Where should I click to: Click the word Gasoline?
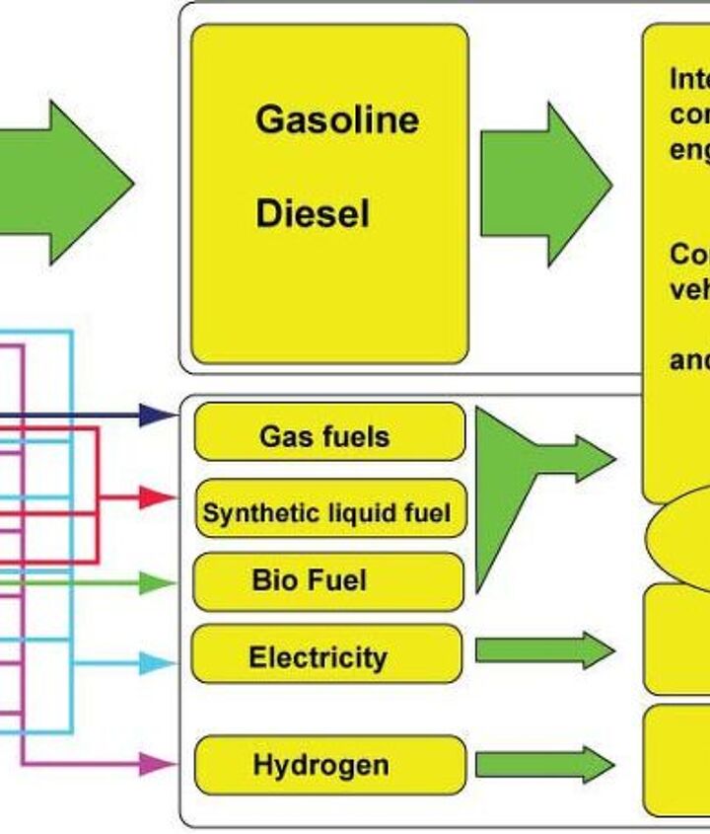point(336,119)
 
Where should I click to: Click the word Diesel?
point(313,213)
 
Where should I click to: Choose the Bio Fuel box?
point(327,580)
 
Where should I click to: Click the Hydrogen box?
point(328,765)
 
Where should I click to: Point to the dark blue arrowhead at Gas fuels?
point(156,416)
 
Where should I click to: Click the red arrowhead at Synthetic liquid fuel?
point(156,497)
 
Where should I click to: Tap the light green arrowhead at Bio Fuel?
point(156,583)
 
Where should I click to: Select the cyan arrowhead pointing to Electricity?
point(156,663)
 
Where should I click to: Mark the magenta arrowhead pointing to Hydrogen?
point(156,763)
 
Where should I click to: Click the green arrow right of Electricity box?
point(544,650)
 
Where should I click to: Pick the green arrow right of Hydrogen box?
point(544,765)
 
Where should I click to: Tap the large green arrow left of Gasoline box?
point(69,182)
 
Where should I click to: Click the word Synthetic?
point(246,512)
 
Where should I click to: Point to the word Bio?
point(269,579)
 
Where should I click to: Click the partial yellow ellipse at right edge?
point(680,538)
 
